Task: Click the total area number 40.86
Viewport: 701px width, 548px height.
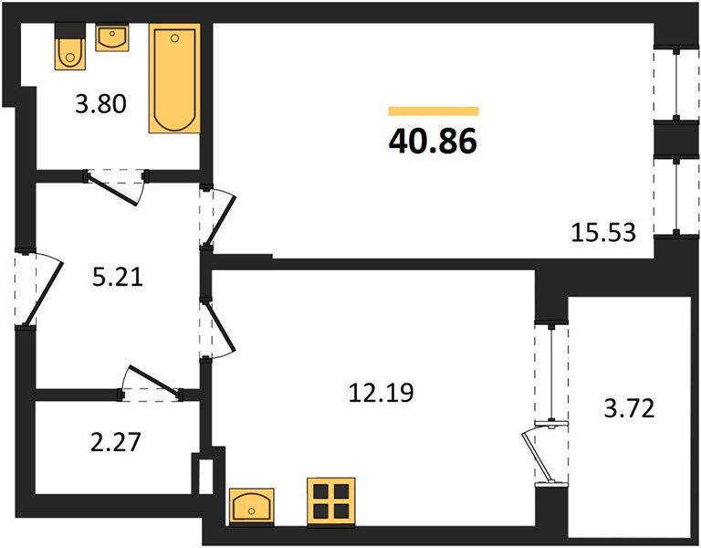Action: tap(433, 141)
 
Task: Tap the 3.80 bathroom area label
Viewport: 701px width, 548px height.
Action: tap(100, 104)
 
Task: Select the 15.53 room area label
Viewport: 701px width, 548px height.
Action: tap(603, 233)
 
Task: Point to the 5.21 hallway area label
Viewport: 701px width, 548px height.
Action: tap(118, 278)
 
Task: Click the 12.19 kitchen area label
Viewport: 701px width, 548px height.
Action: tap(381, 393)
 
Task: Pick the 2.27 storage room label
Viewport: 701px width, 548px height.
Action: tap(116, 442)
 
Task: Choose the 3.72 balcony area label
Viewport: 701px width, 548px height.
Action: tap(629, 408)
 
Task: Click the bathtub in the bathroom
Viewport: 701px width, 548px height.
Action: tap(174, 79)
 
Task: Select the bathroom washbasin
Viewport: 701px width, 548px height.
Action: tap(112, 37)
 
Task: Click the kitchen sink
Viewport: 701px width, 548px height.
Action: tap(251, 506)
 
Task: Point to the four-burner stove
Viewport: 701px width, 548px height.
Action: tap(331, 501)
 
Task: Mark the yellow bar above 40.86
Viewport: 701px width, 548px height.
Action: tap(434, 111)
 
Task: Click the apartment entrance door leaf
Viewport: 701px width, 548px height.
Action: tap(43, 293)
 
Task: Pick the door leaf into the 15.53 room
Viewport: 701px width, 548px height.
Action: tap(220, 221)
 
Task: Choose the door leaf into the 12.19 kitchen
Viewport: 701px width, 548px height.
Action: tap(220, 326)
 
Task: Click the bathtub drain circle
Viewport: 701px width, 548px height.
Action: tap(175, 38)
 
